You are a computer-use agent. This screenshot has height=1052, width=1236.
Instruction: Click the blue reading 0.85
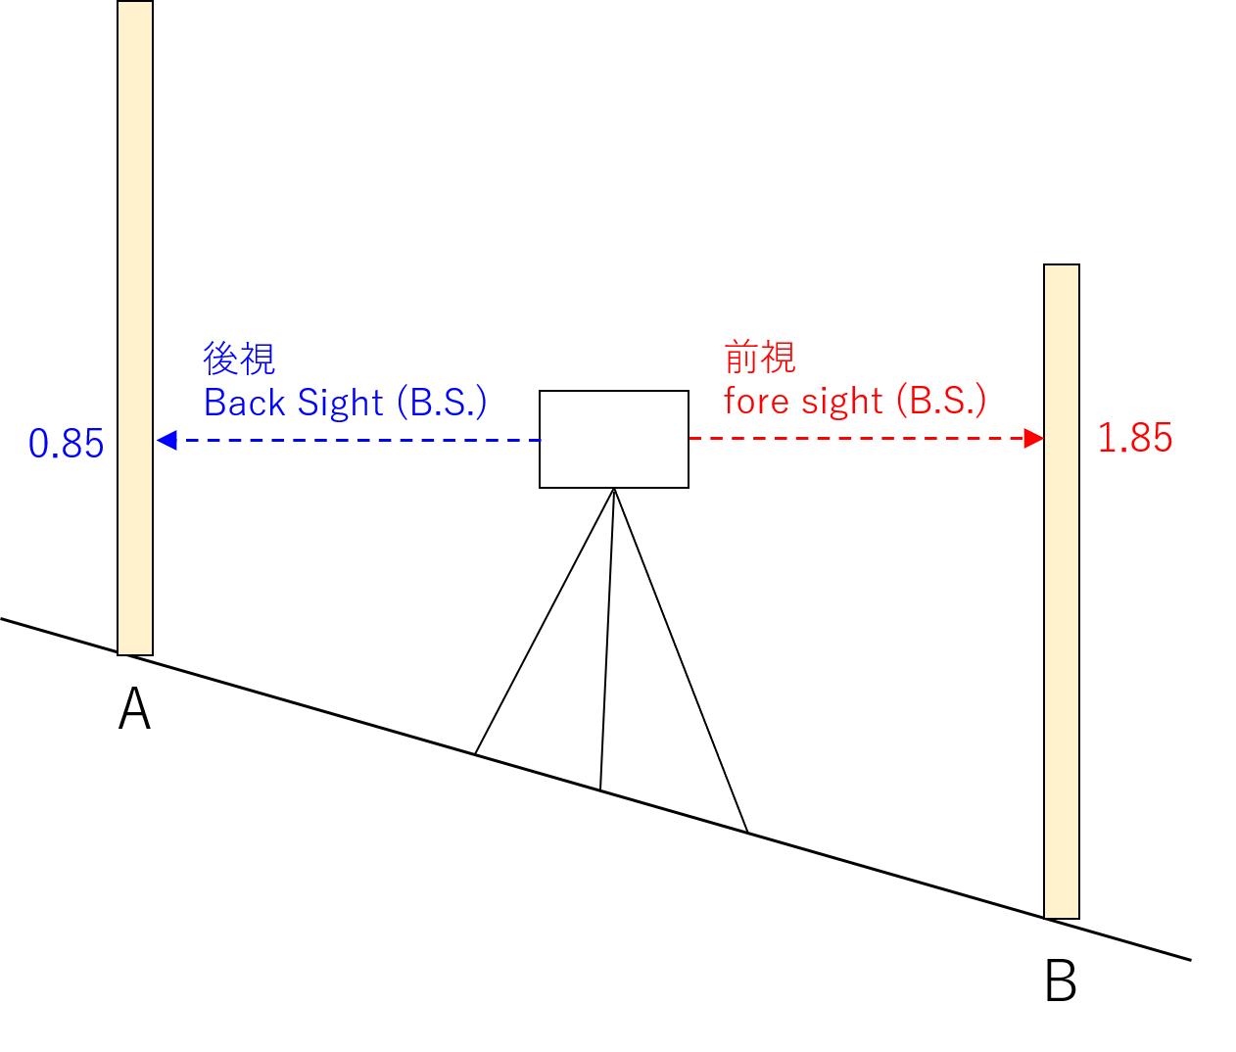click(66, 444)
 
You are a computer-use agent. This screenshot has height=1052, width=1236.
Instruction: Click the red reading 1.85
click(1134, 438)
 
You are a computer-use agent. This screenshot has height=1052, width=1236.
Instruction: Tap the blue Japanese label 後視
click(240, 359)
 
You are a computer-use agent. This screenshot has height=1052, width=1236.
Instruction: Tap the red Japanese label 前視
click(760, 358)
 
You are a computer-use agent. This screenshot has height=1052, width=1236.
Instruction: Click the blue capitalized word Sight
click(340, 403)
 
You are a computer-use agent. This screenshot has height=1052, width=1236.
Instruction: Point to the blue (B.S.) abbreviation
click(442, 403)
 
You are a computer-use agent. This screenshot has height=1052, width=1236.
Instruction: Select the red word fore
click(757, 401)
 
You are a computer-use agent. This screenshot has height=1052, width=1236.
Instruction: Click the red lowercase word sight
click(842, 401)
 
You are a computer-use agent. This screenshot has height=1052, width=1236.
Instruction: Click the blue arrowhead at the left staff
click(166, 440)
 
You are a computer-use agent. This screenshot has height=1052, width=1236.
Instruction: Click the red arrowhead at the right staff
click(1033, 438)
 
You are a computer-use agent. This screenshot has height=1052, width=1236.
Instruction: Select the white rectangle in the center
click(614, 439)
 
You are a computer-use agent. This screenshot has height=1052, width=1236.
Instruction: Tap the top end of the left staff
click(135, 6)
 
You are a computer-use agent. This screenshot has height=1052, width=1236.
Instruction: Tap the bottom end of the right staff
click(1062, 913)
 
